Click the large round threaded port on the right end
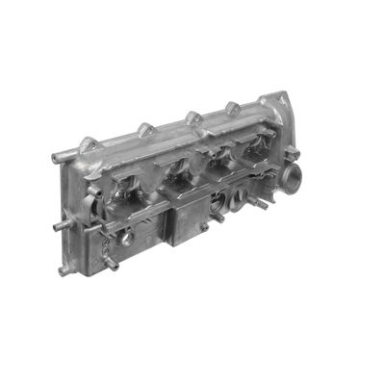coord(294,180)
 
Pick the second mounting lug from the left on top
coord(145,128)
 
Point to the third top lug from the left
coord(192,117)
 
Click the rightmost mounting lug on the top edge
coord(233,107)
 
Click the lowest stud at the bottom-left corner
coord(65,270)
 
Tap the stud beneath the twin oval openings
coord(218,217)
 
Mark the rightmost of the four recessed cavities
coord(254,154)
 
